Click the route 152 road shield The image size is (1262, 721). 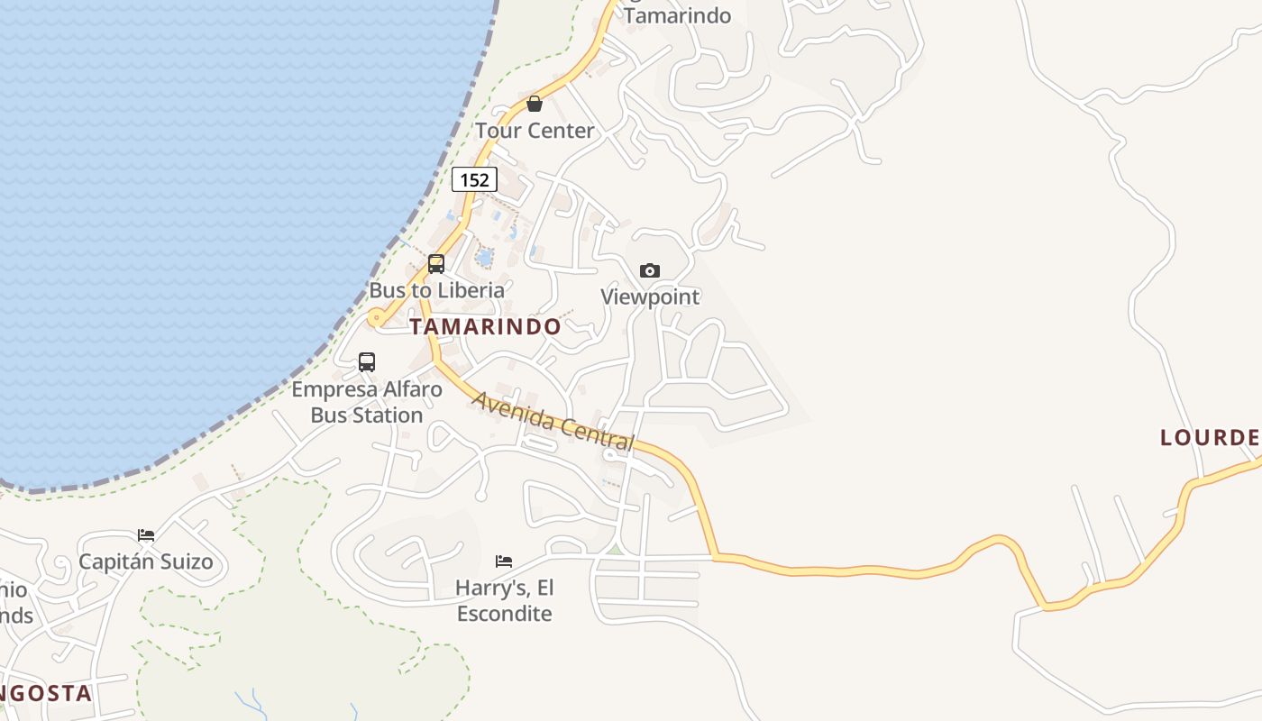pyautogui.click(x=474, y=179)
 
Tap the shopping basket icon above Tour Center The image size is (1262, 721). pyautogui.click(x=535, y=104)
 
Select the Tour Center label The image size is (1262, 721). pyautogui.click(x=535, y=131)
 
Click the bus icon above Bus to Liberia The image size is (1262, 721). pyautogui.click(x=436, y=264)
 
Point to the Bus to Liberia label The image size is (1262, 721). pyautogui.click(x=436, y=290)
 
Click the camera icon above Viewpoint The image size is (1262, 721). pyautogui.click(x=649, y=270)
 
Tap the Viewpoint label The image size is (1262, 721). pyautogui.click(x=650, y=297)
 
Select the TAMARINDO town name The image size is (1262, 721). pyautogui.click(x=485, y=326)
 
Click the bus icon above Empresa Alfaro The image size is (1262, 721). pyautogui.click(x=367, y=362)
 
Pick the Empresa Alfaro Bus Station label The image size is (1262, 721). pyautogui.click(x=367, y=402)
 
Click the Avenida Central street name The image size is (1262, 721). pyautogui.click(x=553, y=420)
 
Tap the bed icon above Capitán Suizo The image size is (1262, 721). pyautogui.click(x=146, y=535)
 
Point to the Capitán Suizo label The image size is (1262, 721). pyautogui.click(x=146, y=561)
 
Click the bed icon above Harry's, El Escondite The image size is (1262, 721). pyautogui.click(x=504, y=561)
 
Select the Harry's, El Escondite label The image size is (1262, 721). pyautogui.click(x=504, y=600)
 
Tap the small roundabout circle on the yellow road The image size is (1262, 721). pyautogui.click(x=375, y=317)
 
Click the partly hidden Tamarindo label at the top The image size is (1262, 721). pyautogui.click(x=677, y=15)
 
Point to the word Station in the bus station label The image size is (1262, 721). pyautogui.click(x=367, y=415)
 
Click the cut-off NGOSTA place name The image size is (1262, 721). pyautogui.click(x=45, y=693)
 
